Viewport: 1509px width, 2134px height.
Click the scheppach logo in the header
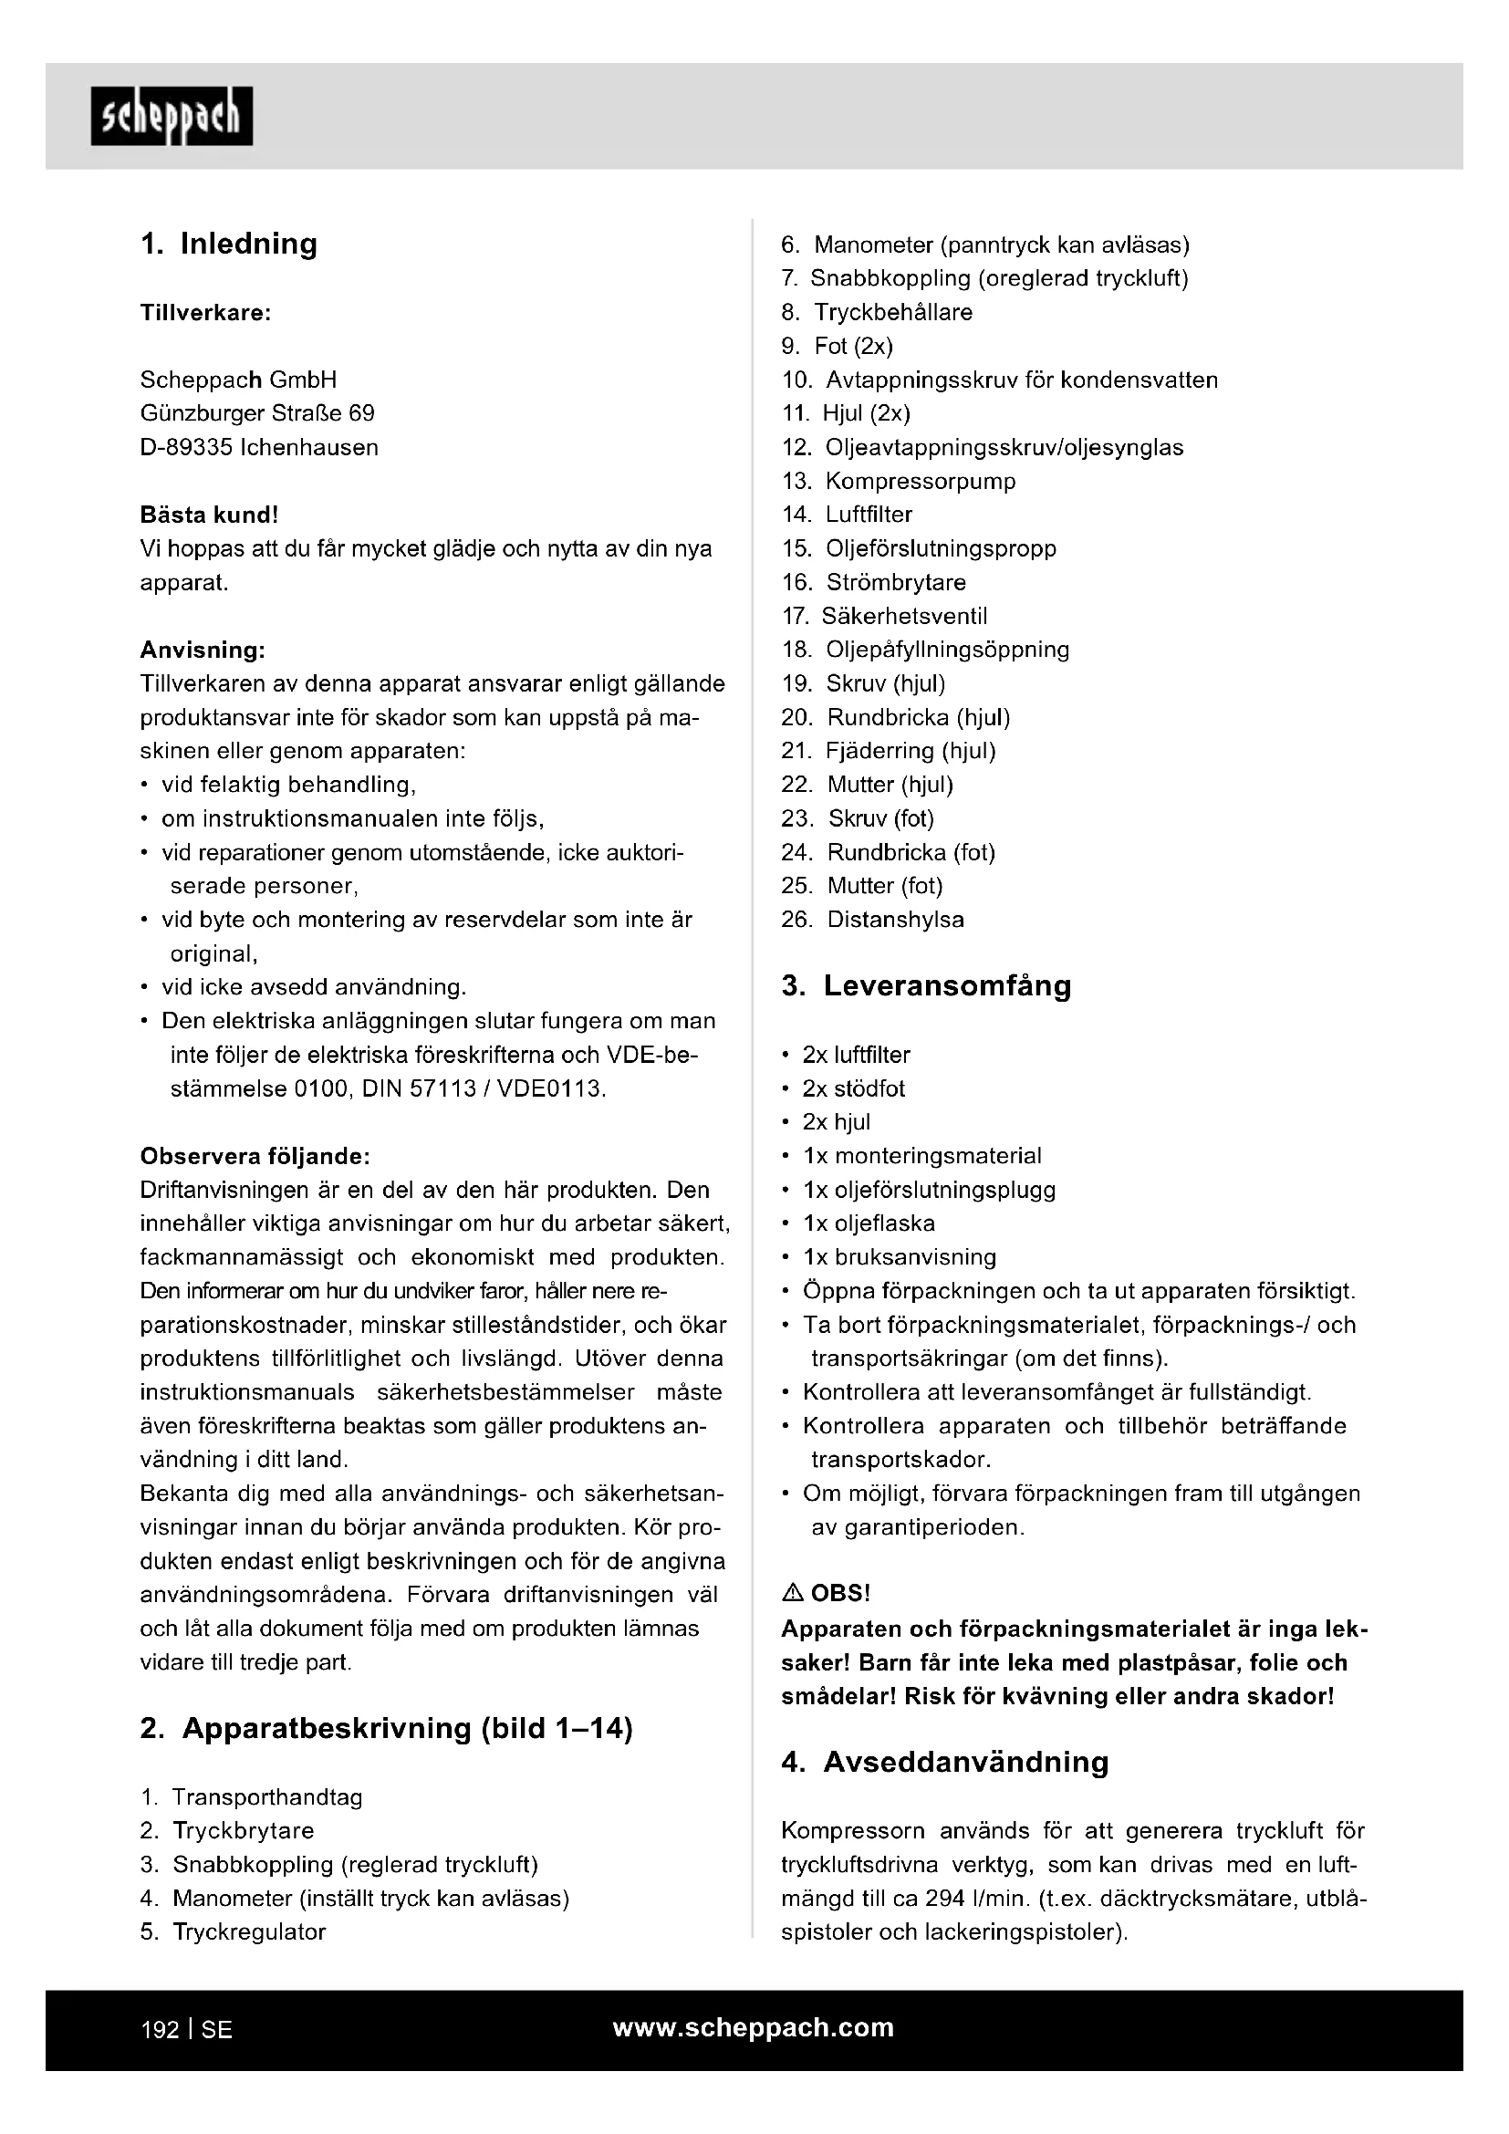click(x=171, y=116)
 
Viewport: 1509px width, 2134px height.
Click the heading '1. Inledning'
click(x=229, y=244)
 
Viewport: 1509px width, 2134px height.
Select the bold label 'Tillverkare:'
click(x=205, y=313)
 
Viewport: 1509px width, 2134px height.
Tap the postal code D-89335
click(x=186, y=448)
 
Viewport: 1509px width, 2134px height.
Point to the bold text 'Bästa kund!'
click(x=209, y=515)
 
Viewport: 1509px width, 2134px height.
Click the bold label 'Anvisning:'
click(x=203, y=650)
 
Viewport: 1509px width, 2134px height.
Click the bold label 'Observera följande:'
click(x=255, y=1156)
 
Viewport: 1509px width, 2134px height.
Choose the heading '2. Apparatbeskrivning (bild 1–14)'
click(x=387, y=1729)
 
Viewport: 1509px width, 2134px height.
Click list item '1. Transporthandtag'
click(x=251, y=1797)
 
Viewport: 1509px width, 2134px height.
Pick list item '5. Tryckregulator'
click(x=234, y=1932)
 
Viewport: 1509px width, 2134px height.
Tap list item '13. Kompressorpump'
click(x=899, y=482)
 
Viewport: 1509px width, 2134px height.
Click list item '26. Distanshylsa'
click(x=872, y=921)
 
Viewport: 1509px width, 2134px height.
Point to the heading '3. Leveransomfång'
click(x=926, y=986)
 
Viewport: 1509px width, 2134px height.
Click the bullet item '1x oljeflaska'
click(x=869, y=1224)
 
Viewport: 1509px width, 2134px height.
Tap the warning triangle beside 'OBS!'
click(x=793, y=1594)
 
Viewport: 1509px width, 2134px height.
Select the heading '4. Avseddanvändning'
click(x=945, y=1763)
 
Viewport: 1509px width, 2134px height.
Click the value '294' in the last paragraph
click(x=945, y=1899)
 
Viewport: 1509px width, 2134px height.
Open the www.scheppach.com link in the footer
click(x=753, y=2028)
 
